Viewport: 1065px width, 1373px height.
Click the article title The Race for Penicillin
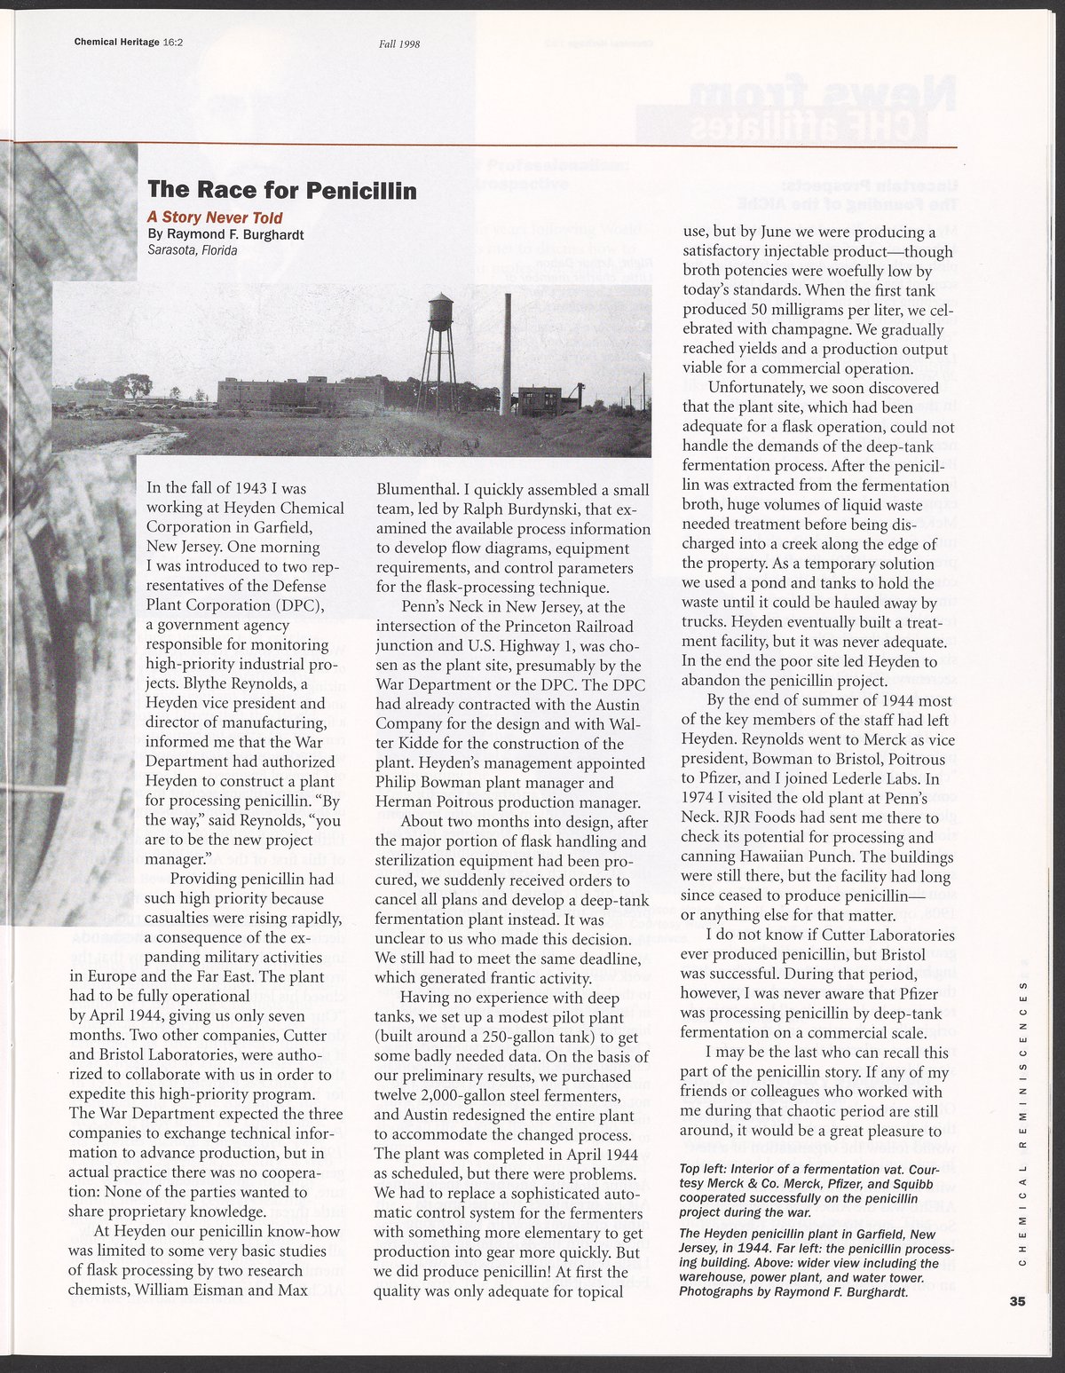[281, 190]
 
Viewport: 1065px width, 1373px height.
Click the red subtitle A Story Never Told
[215, 217]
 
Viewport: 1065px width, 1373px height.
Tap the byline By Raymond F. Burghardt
[225, 234]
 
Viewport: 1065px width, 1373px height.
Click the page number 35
[1016, 1301]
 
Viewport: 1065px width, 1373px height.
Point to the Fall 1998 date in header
[398, 43]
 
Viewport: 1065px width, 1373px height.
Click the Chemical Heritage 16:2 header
[122, 42]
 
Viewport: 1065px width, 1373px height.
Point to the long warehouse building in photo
[302, 392]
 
